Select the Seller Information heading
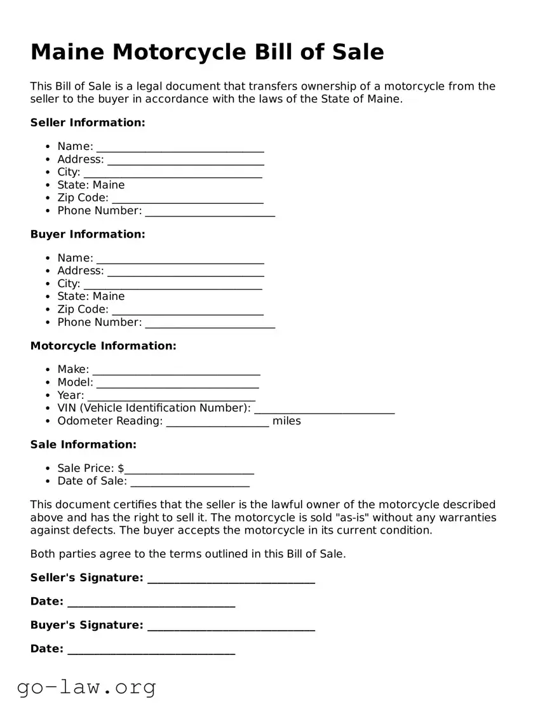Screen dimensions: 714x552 [x=88, y=123]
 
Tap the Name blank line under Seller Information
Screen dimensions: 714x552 [x=180, y=148]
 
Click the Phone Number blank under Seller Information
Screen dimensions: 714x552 [x=210, y=212]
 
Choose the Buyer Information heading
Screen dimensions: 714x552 [x=88, y=234]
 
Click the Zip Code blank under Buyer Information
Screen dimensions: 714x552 [x=187, y=311]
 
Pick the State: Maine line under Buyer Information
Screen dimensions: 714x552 [x=91, y=297]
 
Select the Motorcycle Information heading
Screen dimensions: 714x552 [x=103, y=346]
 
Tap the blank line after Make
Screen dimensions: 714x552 [x=176, y=371]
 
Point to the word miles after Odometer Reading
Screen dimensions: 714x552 [x=286, y=421]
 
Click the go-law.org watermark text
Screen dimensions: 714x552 [x=86, y=687]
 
